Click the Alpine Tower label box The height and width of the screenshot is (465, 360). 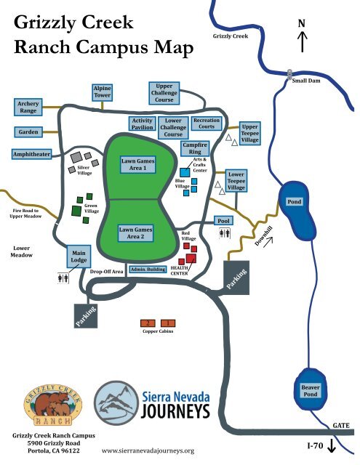coord(102,92)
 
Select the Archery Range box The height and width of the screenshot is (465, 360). coord(28,107)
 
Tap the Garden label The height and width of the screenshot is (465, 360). coord(28,132)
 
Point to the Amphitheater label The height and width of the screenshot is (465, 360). coord(31,154)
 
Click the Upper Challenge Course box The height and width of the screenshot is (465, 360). coord(164,93)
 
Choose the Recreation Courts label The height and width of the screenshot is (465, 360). coord(207,124)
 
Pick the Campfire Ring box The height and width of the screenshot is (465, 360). coord(195,148)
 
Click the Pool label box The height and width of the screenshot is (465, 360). coord(223,221)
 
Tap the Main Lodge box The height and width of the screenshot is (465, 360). coord(79,256)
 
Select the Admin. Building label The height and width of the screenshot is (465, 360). coord(148,270)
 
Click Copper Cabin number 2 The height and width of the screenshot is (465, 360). coord(148,323)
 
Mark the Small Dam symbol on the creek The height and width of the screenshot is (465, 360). coord(289,74)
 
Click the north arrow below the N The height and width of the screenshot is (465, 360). coord(302,42)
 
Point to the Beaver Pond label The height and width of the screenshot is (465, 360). coord(311,391)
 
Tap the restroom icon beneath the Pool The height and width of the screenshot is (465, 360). coord(225,234)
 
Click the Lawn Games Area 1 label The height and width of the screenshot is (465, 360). coord(138,165)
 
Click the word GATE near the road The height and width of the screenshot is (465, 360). coord(341,426)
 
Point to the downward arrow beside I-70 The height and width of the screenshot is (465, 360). coord(331,446)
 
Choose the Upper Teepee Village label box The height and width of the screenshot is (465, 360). coord(249,134)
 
